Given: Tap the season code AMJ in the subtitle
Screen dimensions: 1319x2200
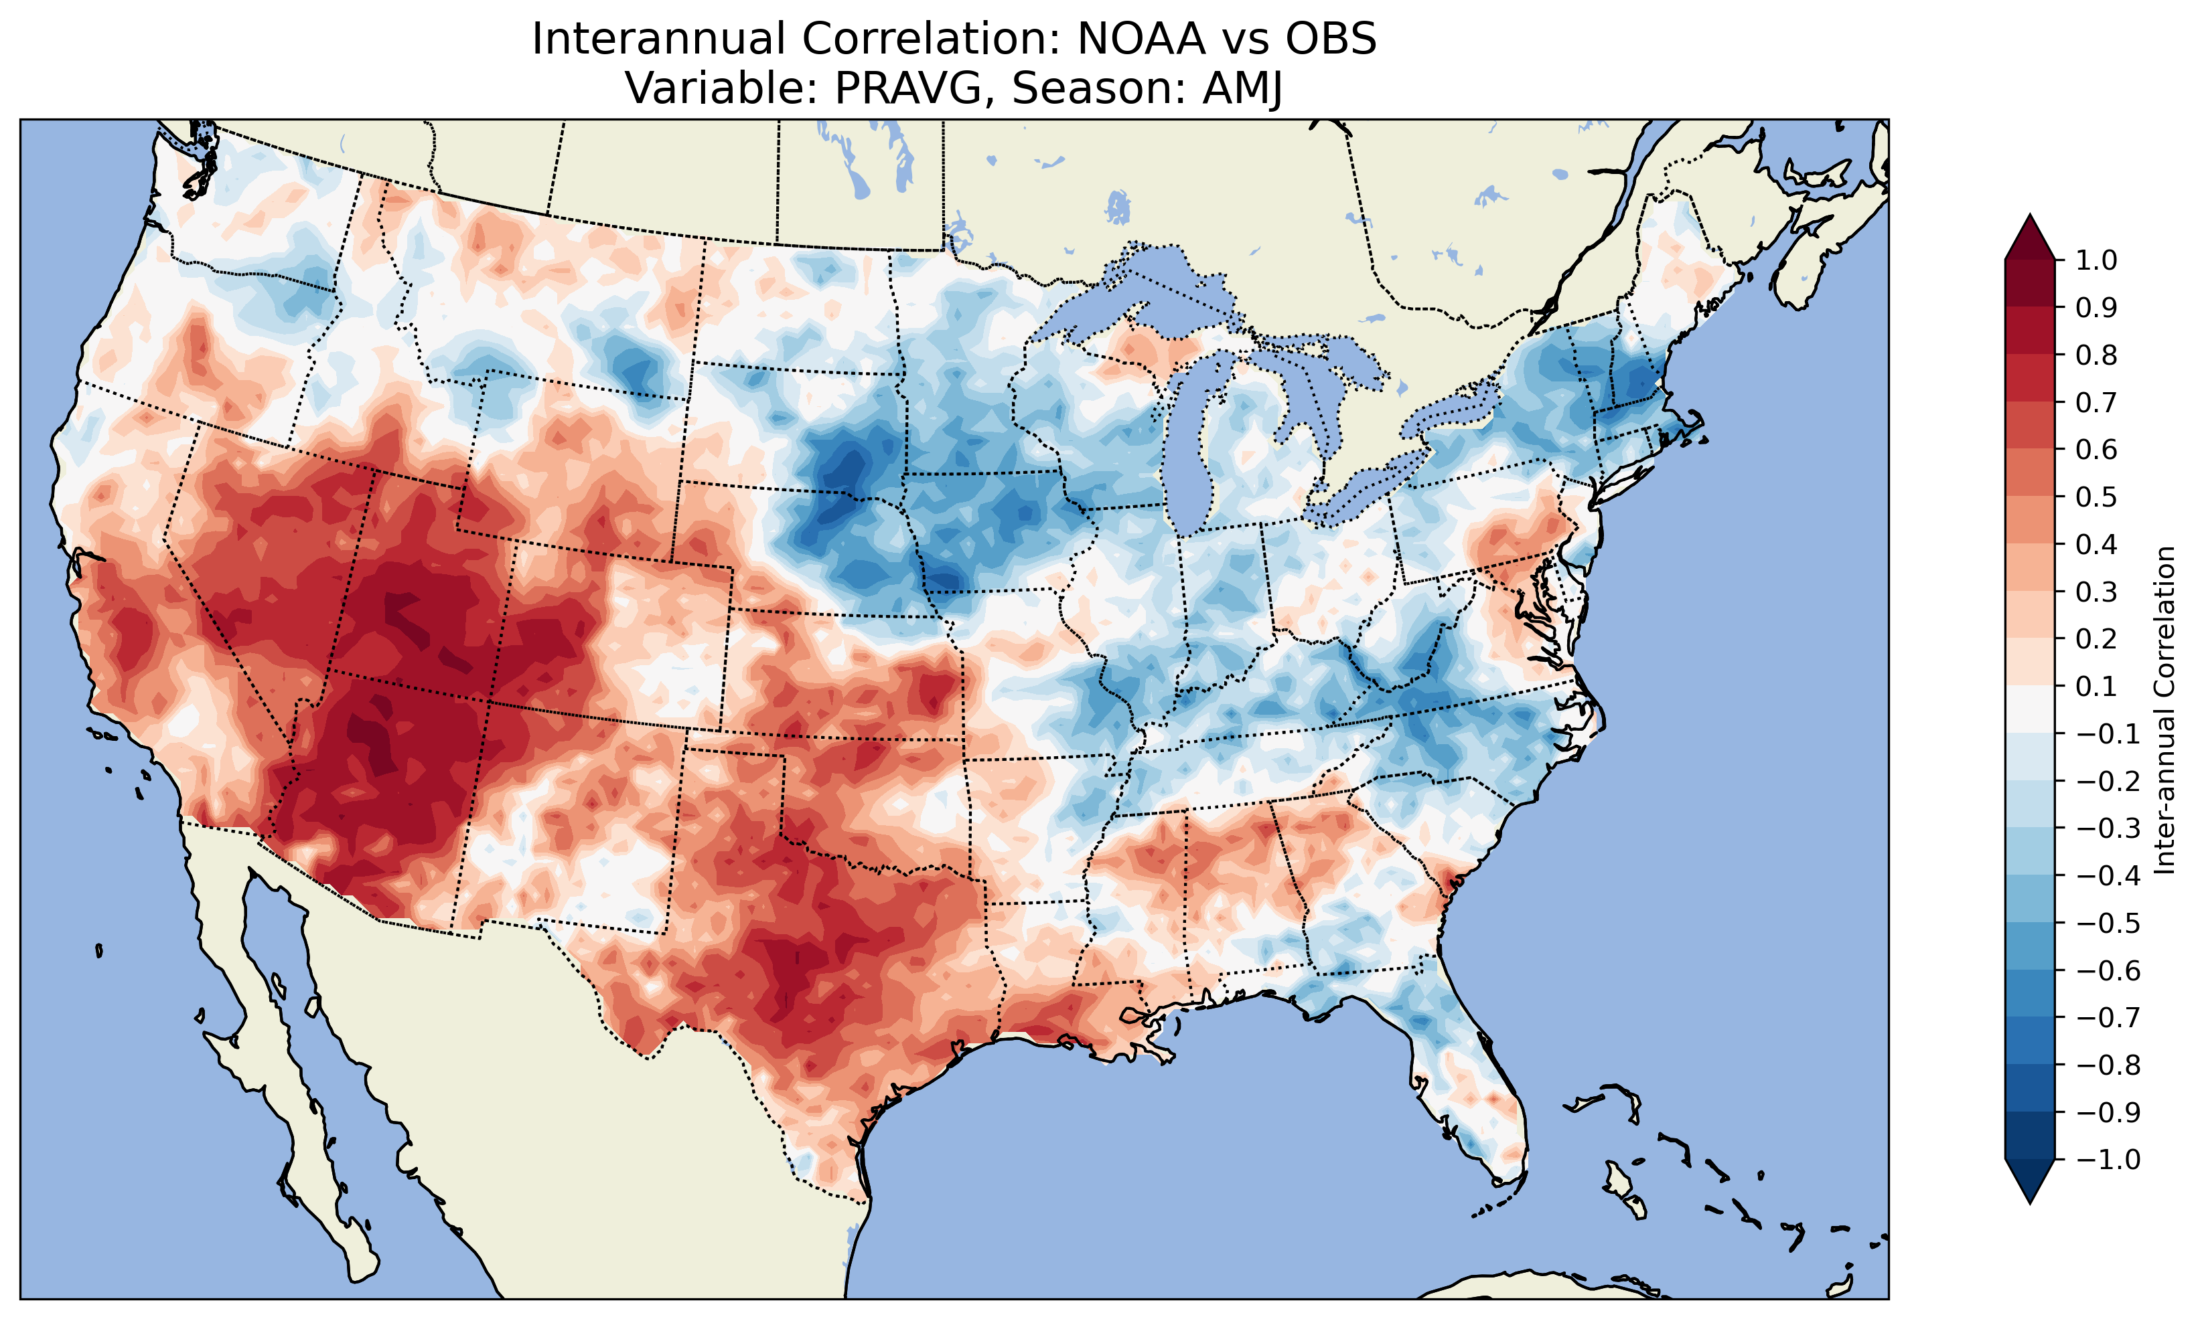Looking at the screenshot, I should [1242, 88].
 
